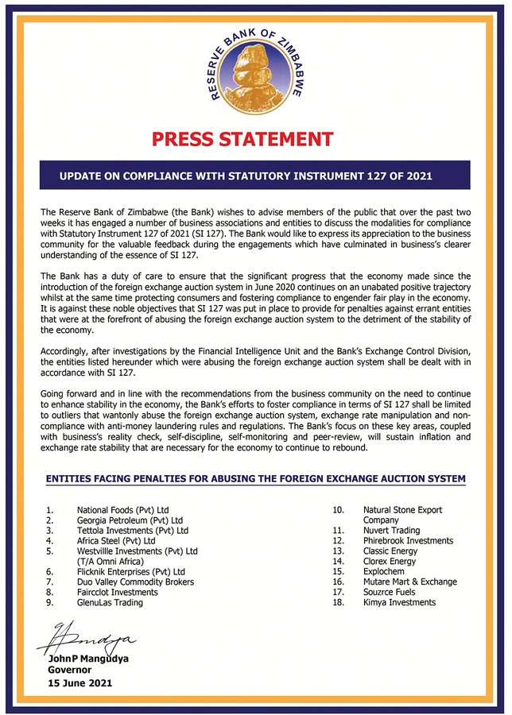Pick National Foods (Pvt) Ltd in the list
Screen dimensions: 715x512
pos(122,509)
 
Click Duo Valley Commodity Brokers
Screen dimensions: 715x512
pos(134,582)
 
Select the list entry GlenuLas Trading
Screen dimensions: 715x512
pos(110,602)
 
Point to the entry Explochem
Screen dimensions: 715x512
pos(386,571)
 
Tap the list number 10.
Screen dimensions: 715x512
pos(338,509)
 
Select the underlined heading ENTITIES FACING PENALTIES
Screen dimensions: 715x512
pos(255,478)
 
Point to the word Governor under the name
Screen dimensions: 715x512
pos(70,671)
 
